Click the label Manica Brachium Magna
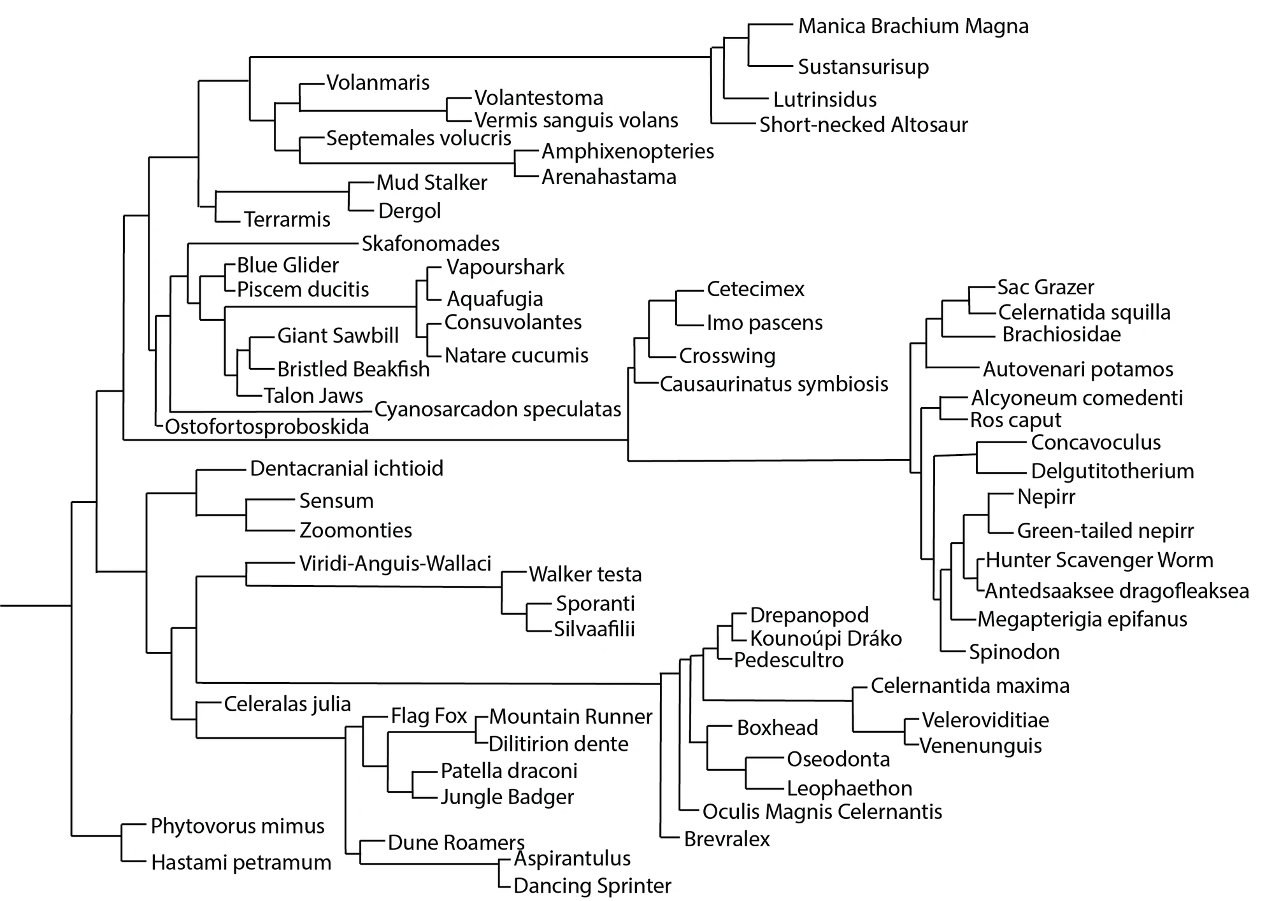pyautogui.click(x=913, y=26)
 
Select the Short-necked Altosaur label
pyautogui.click(x=863, y=124)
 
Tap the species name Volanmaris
pyautogui.click(x=378, y=82)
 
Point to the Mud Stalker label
pyautogui.click(x=431, y=183)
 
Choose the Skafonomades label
pyautogui.click(x=431, y=243)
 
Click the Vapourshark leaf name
pyautogui.click(x=505, y=267)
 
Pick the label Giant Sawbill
pyautogui.click(x=338, y=336)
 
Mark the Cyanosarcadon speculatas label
pyautogui.click(x=497, y=409)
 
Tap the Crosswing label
pyautogui.click(x=727, y=355)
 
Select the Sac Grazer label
pyautogui.click(x=1045, y=287)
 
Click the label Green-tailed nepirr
pyautogui.click(x=1105, y=530)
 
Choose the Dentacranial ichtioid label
pyautogui.click(x=347, y=469)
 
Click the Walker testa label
pyautogui.click(x=585, y=574)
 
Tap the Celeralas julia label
pyautogui.click(x=287, y=704)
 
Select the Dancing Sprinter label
pyautogui.click(x=592, y=886)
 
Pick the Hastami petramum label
pyautogui.click(x=241, y=863)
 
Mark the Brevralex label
pyautogui.click(x=727, y=839)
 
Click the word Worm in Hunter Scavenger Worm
pyautogui.click(x=1185, y=560)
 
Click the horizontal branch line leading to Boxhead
pyautogui.click(x=719, y=726)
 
